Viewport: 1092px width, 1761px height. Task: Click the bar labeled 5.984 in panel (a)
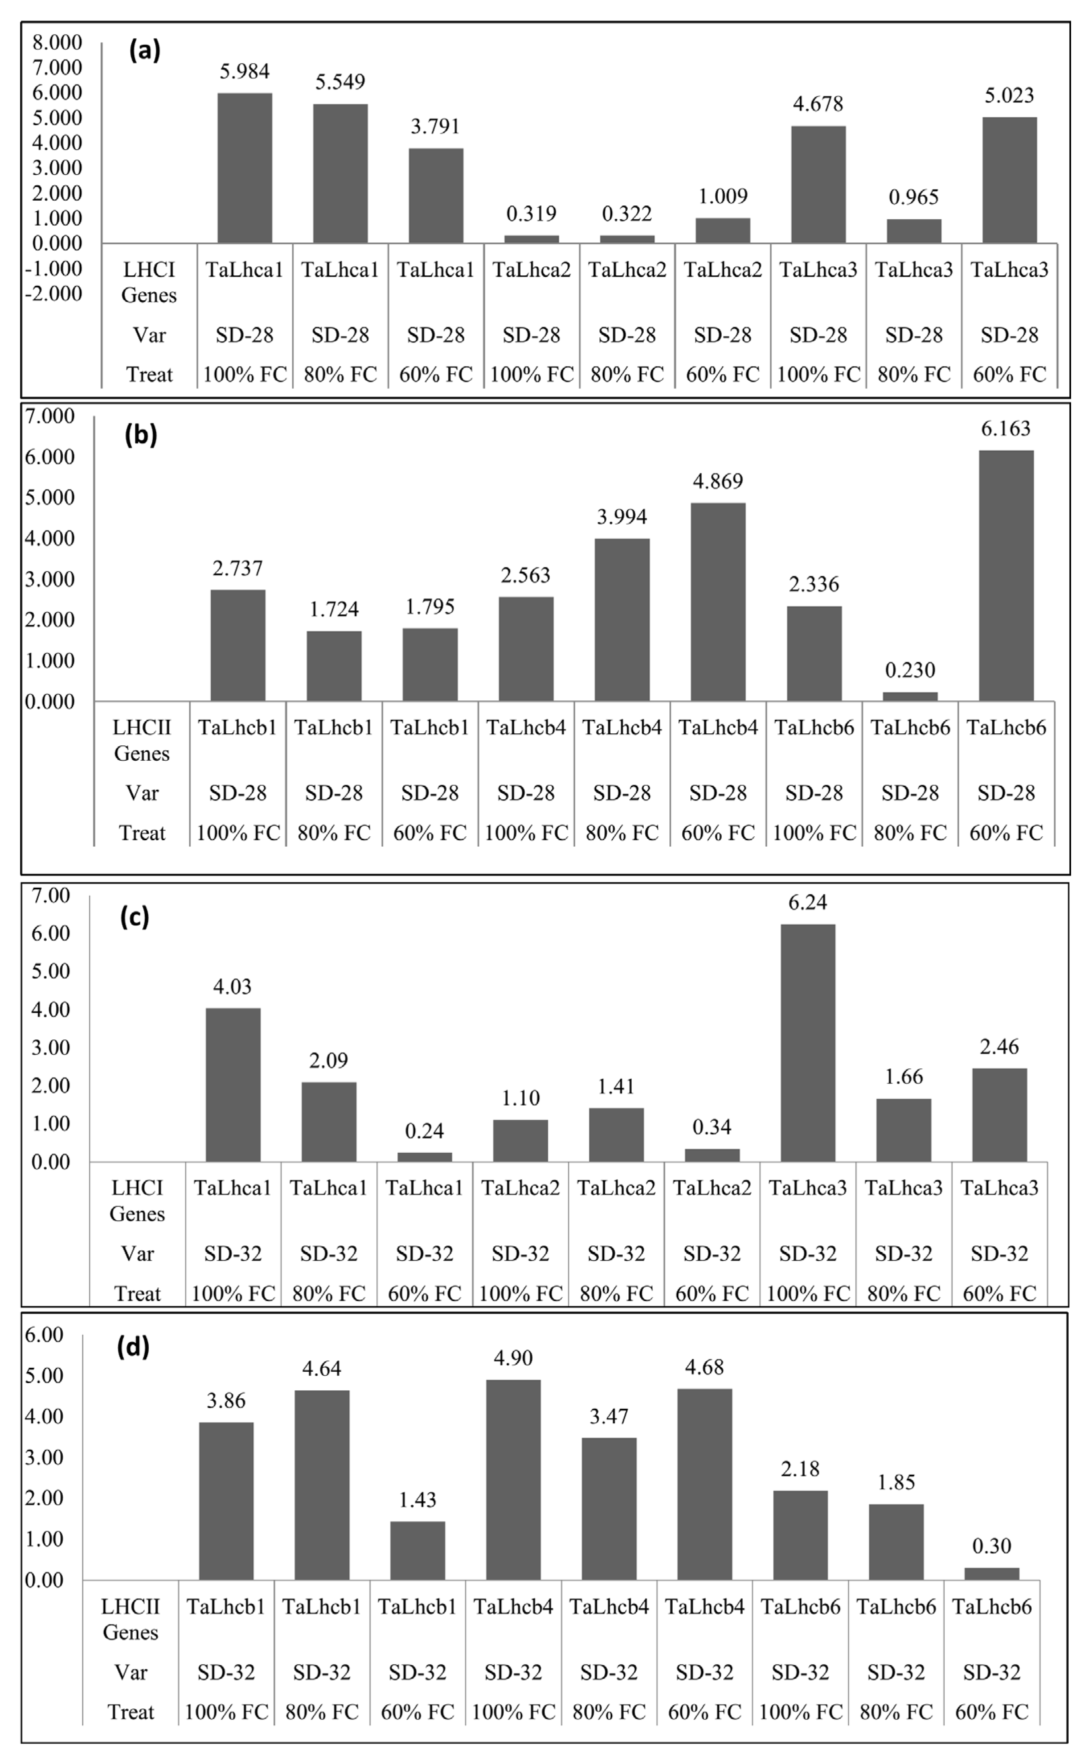point(245,168)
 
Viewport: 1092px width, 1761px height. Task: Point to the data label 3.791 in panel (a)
point(435,126)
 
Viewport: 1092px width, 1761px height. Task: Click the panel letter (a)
point(144,51)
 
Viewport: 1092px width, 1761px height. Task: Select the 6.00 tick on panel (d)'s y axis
point(45,1334)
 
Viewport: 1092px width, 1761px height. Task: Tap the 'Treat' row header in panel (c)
point(137,1293)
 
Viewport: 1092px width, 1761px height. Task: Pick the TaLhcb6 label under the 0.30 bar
point(991,1607)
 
